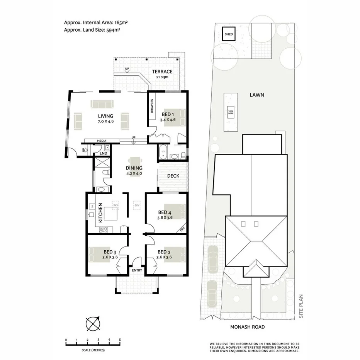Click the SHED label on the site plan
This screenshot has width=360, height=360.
coord(229,34)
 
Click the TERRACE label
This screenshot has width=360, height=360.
coord(162,72)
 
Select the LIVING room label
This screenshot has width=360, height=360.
coord(105,116)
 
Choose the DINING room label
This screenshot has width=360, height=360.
coord(134,168)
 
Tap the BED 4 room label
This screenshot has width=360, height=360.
coord(165,212)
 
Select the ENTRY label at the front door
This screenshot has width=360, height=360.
coord(137,270)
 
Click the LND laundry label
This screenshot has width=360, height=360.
coord(103,153)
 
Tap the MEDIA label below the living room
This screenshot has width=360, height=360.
coord(102,141)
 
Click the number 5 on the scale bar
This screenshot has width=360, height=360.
coord(120,340)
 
